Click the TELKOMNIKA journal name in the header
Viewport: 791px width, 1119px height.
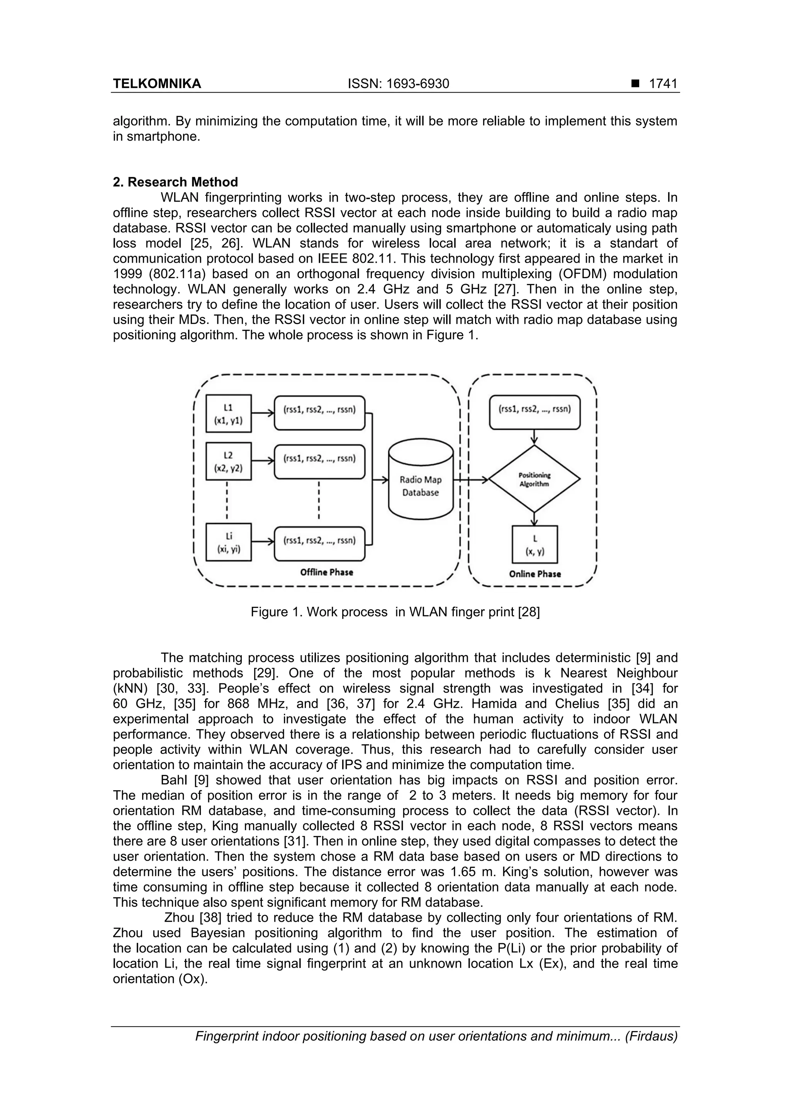(156, 84)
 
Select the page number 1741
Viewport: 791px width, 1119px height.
(663, 84)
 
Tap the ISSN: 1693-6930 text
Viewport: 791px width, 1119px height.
(398, 84)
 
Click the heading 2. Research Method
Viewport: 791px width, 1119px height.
(175, 182)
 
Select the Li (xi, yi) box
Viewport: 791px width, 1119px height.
(229, 542)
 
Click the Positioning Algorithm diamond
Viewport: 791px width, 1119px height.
(534, 480)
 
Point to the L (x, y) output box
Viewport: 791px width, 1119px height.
(535, 544)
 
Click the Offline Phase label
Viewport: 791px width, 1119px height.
(326, 572)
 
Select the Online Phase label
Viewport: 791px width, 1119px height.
(535, 574)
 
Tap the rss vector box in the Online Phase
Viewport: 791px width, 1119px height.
(535, 412)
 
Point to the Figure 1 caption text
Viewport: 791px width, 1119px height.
(395, 612)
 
